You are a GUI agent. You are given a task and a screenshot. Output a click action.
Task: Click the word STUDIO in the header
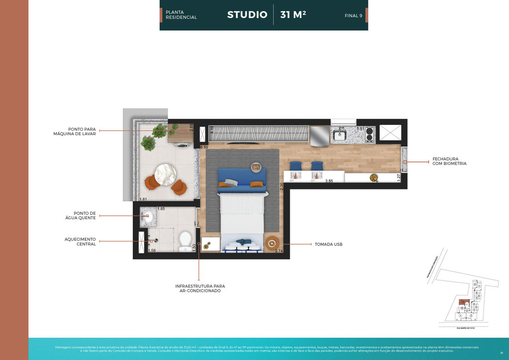(247, 15)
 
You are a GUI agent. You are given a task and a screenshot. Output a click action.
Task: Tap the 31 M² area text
(293, 15)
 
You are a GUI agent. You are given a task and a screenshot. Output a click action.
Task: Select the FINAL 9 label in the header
(353, 15)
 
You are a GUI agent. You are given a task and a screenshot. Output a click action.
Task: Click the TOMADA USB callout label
(329, 245)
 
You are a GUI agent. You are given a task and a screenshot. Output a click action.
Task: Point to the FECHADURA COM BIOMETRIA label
(449, 161)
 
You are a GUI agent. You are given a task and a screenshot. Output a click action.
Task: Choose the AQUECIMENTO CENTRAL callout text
(80, 241)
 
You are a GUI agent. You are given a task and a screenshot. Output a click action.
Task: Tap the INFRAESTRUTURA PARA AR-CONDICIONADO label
(200, 288)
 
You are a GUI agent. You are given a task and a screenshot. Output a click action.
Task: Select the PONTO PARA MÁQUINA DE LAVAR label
(75, 131)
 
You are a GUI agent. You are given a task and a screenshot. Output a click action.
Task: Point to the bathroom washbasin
(147, 216)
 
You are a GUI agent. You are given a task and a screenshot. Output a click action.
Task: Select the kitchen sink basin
(339, 134)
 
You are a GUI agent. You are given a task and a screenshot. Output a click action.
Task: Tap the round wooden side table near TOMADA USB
(272, 243)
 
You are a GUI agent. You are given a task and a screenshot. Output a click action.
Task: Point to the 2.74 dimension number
(279, 251)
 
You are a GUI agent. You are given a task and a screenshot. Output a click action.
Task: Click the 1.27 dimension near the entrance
(399, 176)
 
